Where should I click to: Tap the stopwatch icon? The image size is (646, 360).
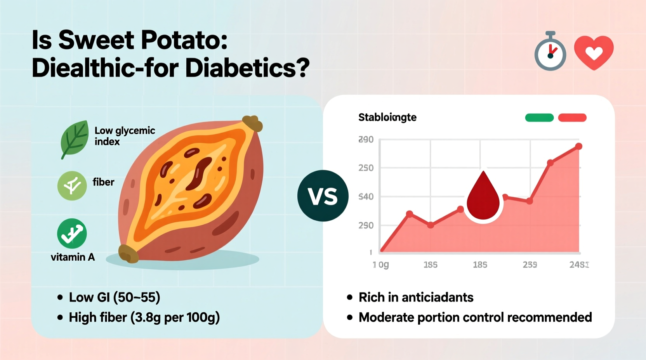point(550,53)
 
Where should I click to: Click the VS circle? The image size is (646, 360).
point(323,196)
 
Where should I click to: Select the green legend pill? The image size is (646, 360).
point(539,118)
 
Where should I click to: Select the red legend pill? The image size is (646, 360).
point(572,118)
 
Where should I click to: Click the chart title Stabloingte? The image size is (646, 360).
point(387,117)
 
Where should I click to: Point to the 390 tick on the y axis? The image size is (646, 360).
point(366,140)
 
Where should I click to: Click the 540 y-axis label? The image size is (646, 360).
point(366,197)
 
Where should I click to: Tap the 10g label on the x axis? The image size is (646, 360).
point(381,265)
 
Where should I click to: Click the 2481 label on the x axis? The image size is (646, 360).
point(579,265)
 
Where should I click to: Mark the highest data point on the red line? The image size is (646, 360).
point(578,146)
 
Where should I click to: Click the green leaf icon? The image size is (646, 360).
point(75,138)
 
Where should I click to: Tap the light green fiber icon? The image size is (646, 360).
point(72,186)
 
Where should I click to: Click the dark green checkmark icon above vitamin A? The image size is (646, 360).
point(72,234)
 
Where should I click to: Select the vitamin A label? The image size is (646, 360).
point(73,257)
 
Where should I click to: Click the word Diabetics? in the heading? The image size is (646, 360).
point(247,68)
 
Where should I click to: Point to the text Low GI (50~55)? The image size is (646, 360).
point(115,298)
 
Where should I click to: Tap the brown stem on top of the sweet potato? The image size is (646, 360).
point(252,123)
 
